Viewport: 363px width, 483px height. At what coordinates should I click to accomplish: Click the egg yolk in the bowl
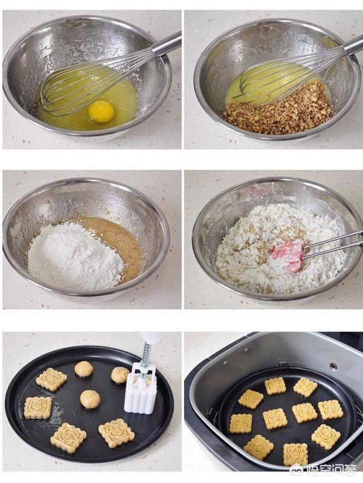coord(101,112)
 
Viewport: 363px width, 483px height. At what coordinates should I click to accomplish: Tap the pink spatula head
coord(287,256)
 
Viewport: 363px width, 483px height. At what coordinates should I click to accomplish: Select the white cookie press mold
coord(141,388)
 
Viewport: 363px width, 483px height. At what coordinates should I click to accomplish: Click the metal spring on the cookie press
coord(146,354)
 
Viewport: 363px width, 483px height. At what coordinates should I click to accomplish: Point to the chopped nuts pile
coord(278,112)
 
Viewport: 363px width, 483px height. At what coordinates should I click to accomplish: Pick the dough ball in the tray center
coord(90,399)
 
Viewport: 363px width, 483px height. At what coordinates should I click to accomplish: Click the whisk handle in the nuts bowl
coord(353,46)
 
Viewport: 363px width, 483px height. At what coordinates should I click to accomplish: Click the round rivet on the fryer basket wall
coord(333,366)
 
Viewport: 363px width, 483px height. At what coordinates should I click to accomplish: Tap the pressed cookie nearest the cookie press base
coord(117,433)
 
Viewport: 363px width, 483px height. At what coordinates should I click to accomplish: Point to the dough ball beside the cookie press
coord(120,375)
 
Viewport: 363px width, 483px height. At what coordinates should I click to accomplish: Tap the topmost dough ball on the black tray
coord(83,369)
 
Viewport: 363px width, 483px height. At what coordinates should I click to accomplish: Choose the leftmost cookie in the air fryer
coord(240,423)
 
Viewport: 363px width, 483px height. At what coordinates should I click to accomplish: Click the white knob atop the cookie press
coord(150,338)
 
